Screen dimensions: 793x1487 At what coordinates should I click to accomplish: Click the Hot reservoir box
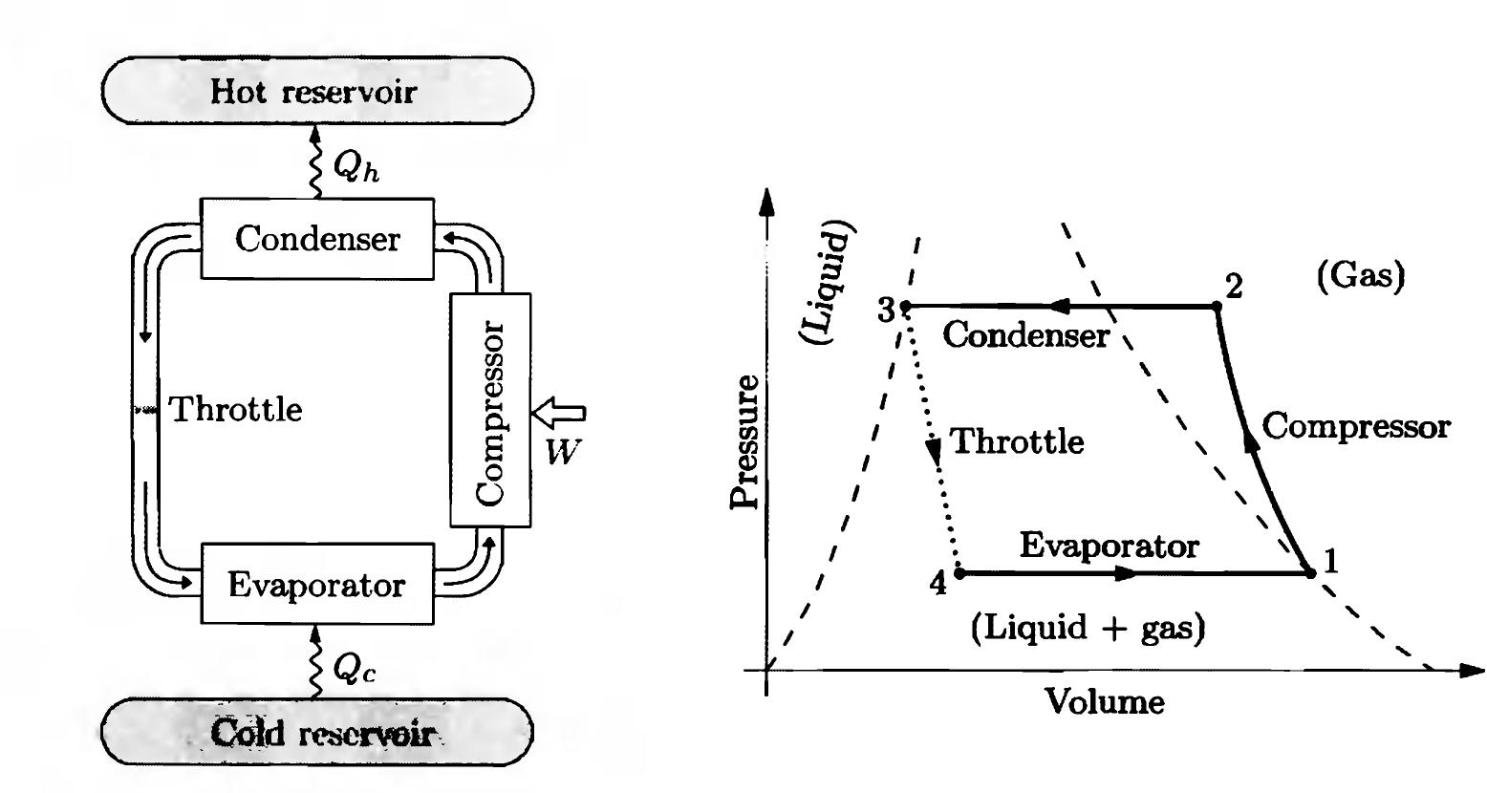(316, 92)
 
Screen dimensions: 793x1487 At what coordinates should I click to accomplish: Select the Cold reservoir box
(316, 733)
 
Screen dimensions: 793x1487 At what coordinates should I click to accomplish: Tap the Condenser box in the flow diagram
(316, 239)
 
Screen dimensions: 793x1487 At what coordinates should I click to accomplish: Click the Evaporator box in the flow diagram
(316, 584)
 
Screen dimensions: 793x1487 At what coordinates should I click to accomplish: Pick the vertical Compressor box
(490, 410)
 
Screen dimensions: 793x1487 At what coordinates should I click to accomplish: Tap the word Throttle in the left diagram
(235, 410)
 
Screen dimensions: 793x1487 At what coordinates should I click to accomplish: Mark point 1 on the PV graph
(1309, 573)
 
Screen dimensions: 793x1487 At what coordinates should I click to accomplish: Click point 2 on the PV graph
(1217, 307)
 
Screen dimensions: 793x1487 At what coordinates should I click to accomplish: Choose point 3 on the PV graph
(905, 307)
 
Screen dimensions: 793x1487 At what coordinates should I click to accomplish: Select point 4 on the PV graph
(959, 573)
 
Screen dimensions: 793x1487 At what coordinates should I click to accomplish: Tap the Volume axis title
(1104, 702)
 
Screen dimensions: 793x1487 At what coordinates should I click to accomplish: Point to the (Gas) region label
(1361, 277)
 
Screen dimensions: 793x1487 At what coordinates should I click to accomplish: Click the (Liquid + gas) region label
(1087, 629)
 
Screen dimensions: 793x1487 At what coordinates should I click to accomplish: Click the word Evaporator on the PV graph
(1109, 546)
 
